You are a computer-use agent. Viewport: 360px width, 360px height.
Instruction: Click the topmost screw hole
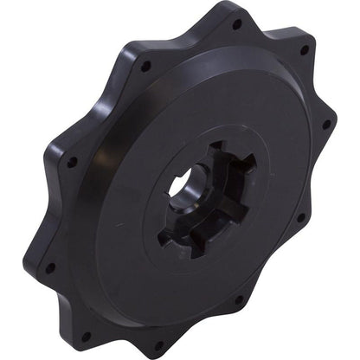236,24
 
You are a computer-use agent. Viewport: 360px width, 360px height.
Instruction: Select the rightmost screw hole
326,124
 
